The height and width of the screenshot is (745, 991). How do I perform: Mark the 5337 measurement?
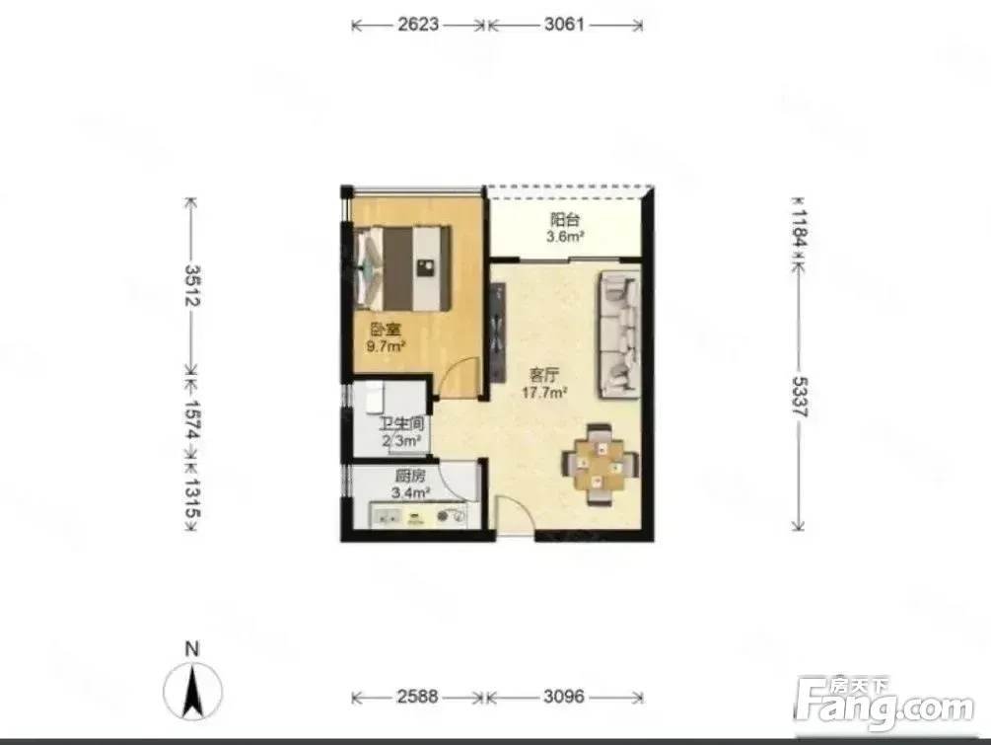point(800,397)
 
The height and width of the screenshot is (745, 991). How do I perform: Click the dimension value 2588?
point(417,697)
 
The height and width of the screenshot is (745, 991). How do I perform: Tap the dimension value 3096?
point(564,697)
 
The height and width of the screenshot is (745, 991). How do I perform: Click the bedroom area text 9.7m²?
point(386,346)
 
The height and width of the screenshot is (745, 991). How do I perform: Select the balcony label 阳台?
point(565,220)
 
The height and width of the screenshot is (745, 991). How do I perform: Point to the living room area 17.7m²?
point(543,392)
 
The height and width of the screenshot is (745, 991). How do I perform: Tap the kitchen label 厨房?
point(410,477)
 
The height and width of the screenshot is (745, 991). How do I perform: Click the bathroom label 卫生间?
point(401,423)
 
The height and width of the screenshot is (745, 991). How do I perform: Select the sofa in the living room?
point(620,335)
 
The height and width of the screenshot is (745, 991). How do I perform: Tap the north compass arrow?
point(192,692)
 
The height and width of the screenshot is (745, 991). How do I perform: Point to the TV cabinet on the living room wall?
point(498,333)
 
